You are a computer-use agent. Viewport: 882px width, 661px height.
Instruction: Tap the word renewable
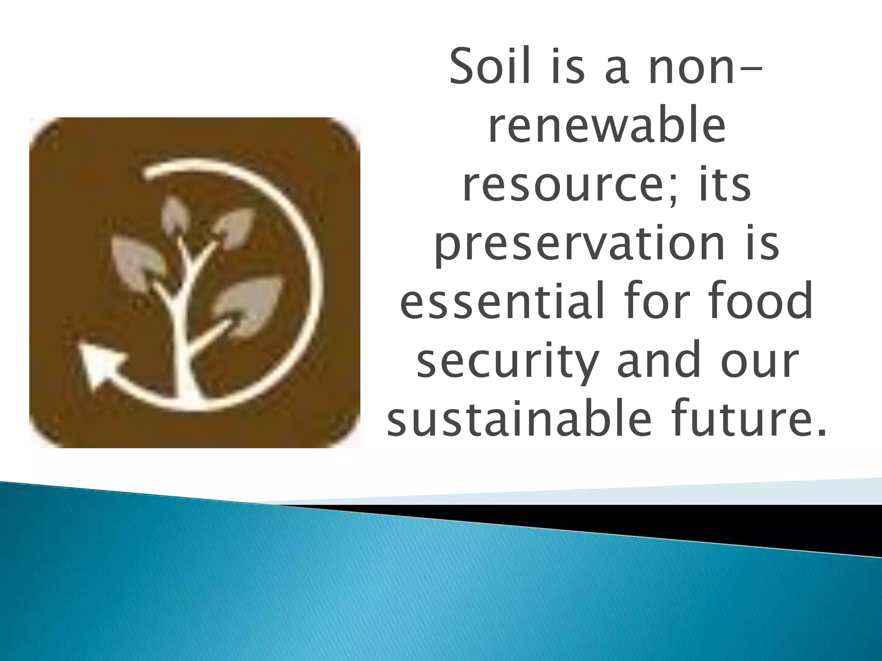(607, 127)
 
